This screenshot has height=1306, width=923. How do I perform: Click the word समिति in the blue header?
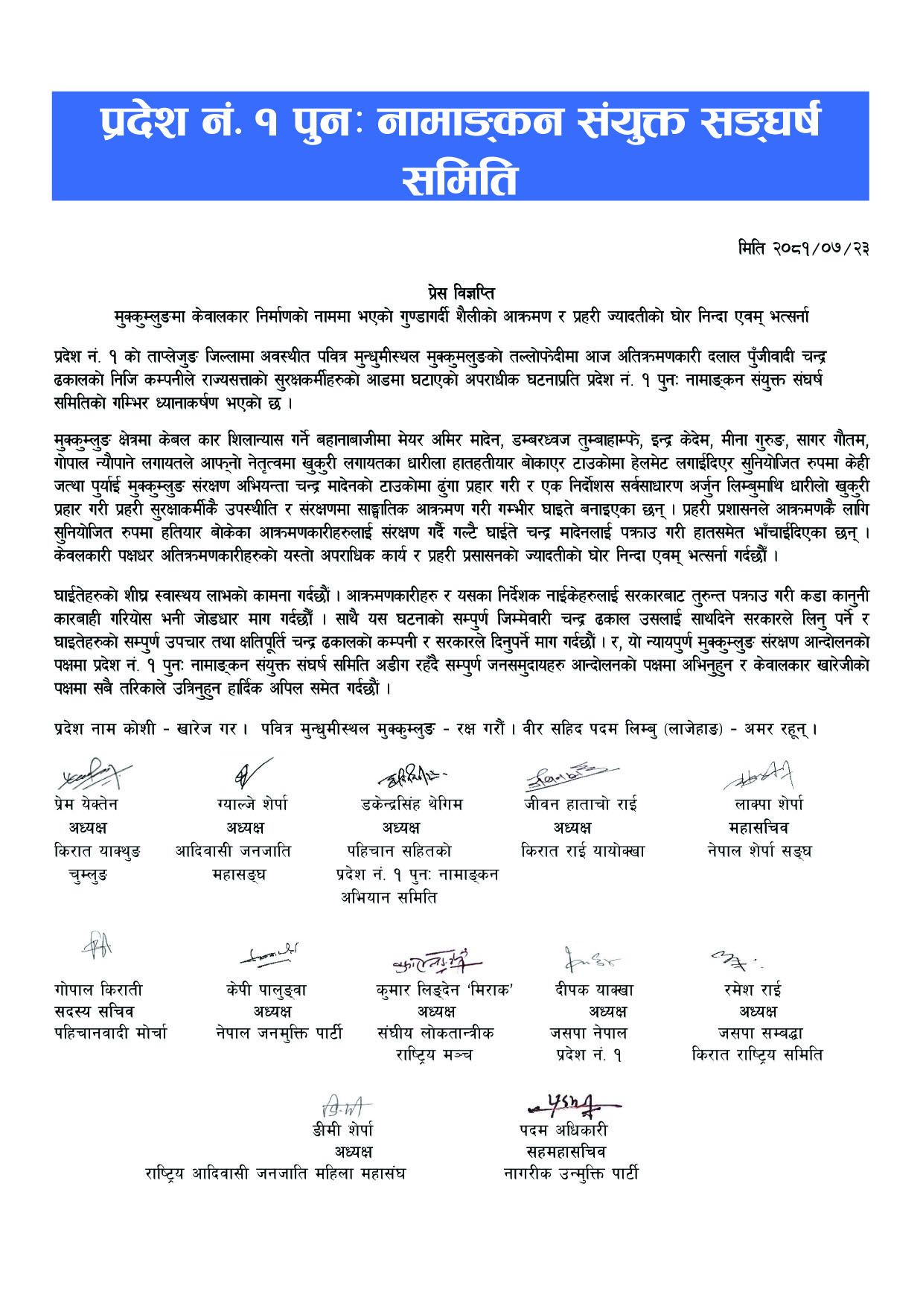coord(459,177)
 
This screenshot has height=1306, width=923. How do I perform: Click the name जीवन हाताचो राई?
coord(580,804)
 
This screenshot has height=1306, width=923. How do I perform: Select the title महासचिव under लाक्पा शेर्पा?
coord(758,827)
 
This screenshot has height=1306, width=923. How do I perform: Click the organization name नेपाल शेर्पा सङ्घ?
coord(758,850)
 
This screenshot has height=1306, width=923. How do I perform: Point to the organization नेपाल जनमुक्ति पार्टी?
coord(278,1033)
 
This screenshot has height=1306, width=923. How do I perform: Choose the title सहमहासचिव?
coord(565,1152)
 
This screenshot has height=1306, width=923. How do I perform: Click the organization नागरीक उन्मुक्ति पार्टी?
coord(570,1174)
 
